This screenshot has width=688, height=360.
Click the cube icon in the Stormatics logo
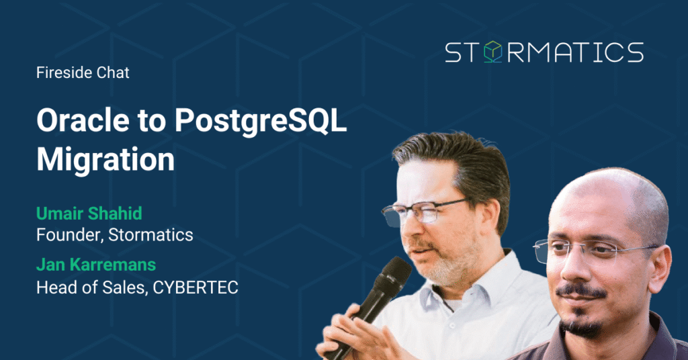pyautogui.click(x=492, y=52)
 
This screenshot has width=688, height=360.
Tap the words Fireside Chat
pyautogui.click(x=83, y=73)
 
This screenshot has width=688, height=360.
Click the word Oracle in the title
pyautogui.click(x=83, y=120)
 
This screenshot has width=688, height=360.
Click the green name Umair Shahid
pyautogui.click(x=89, y=214)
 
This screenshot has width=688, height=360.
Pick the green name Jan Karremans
pyautogui.click(x=96, y=265)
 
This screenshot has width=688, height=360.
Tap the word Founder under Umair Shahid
pyautogui.click(x=70, y=235)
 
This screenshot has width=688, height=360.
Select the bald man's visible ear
pyautogui.click(x=660, y=267)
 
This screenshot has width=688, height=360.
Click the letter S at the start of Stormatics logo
pyautogui.click(x=454, y=52)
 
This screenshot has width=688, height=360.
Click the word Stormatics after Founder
pyautogui.click(x=150, y=235)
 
